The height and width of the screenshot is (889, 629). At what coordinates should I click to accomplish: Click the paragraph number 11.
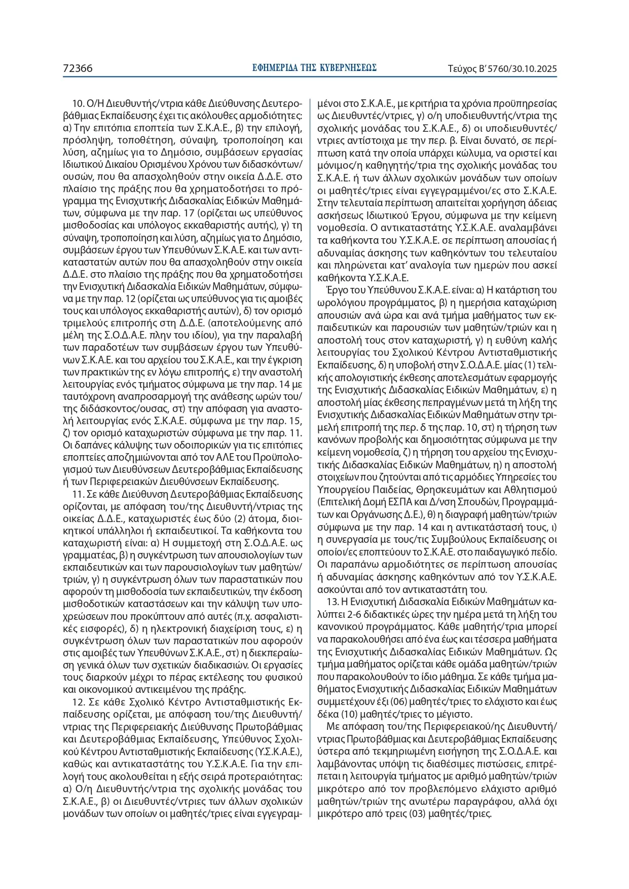point(78,493)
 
